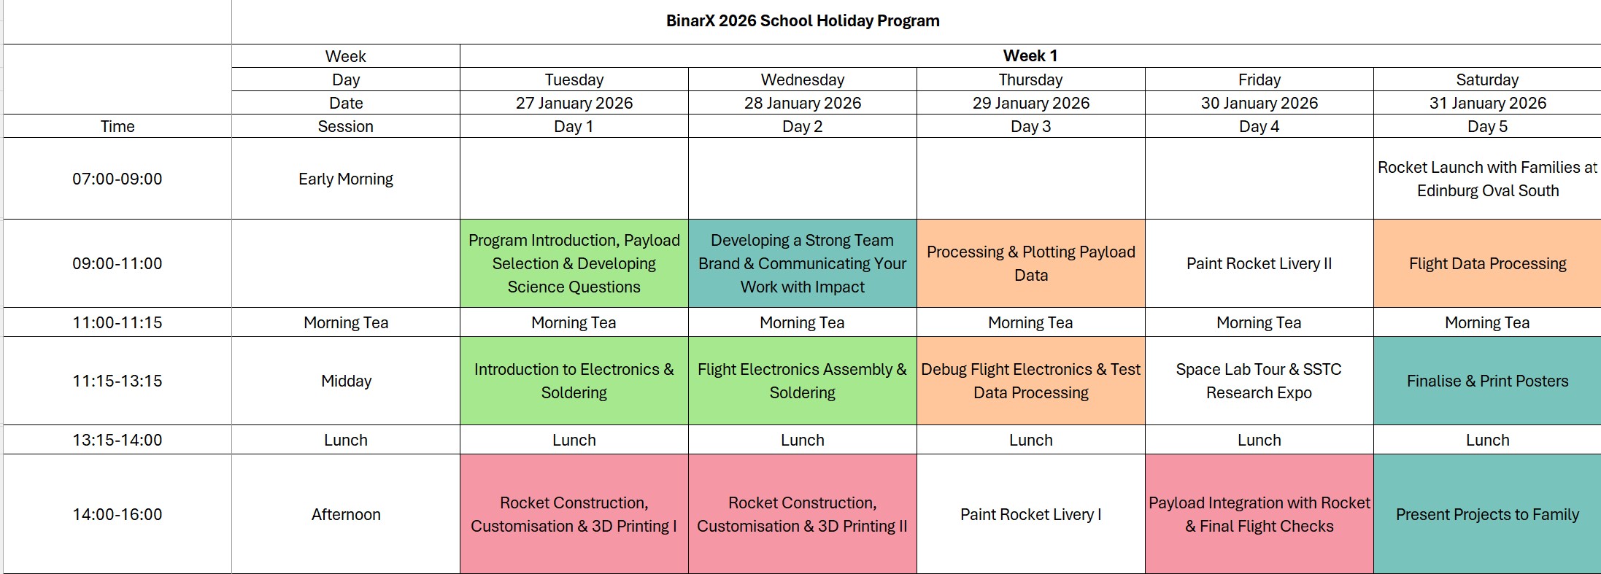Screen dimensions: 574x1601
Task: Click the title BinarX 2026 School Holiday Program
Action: click(803, 20)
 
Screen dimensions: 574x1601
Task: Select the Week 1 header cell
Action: click(1030, 55)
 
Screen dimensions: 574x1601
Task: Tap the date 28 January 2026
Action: click(802, 103)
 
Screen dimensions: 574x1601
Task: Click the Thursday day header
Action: click(1030, 79)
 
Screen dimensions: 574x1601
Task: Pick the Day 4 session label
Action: click(1259, 126)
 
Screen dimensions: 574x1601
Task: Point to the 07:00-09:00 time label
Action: click(117, 179)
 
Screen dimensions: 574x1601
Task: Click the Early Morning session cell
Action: click(345, 179)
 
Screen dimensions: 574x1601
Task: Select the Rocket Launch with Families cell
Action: click(1487, 179)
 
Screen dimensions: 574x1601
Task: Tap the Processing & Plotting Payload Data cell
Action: click(1030, 263)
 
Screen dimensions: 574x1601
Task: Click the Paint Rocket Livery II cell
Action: click(1259, 263)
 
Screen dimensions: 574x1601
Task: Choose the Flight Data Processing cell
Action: click(1487, 263)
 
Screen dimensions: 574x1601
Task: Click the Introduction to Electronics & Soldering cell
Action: click(574, 381)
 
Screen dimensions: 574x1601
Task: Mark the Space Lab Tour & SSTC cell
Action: click(1259, 381)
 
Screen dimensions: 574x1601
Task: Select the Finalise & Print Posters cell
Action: click(1487, 381)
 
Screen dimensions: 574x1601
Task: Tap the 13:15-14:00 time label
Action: click(117, 440)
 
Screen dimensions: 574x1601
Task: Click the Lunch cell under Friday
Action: click(1259, 440)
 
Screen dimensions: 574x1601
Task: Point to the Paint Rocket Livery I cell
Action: click(1030, 514)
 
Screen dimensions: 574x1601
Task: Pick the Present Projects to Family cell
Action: click(1487, 514)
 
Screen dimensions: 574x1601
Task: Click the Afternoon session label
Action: click(345, 514)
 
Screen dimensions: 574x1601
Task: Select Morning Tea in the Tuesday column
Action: click(574, 322)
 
